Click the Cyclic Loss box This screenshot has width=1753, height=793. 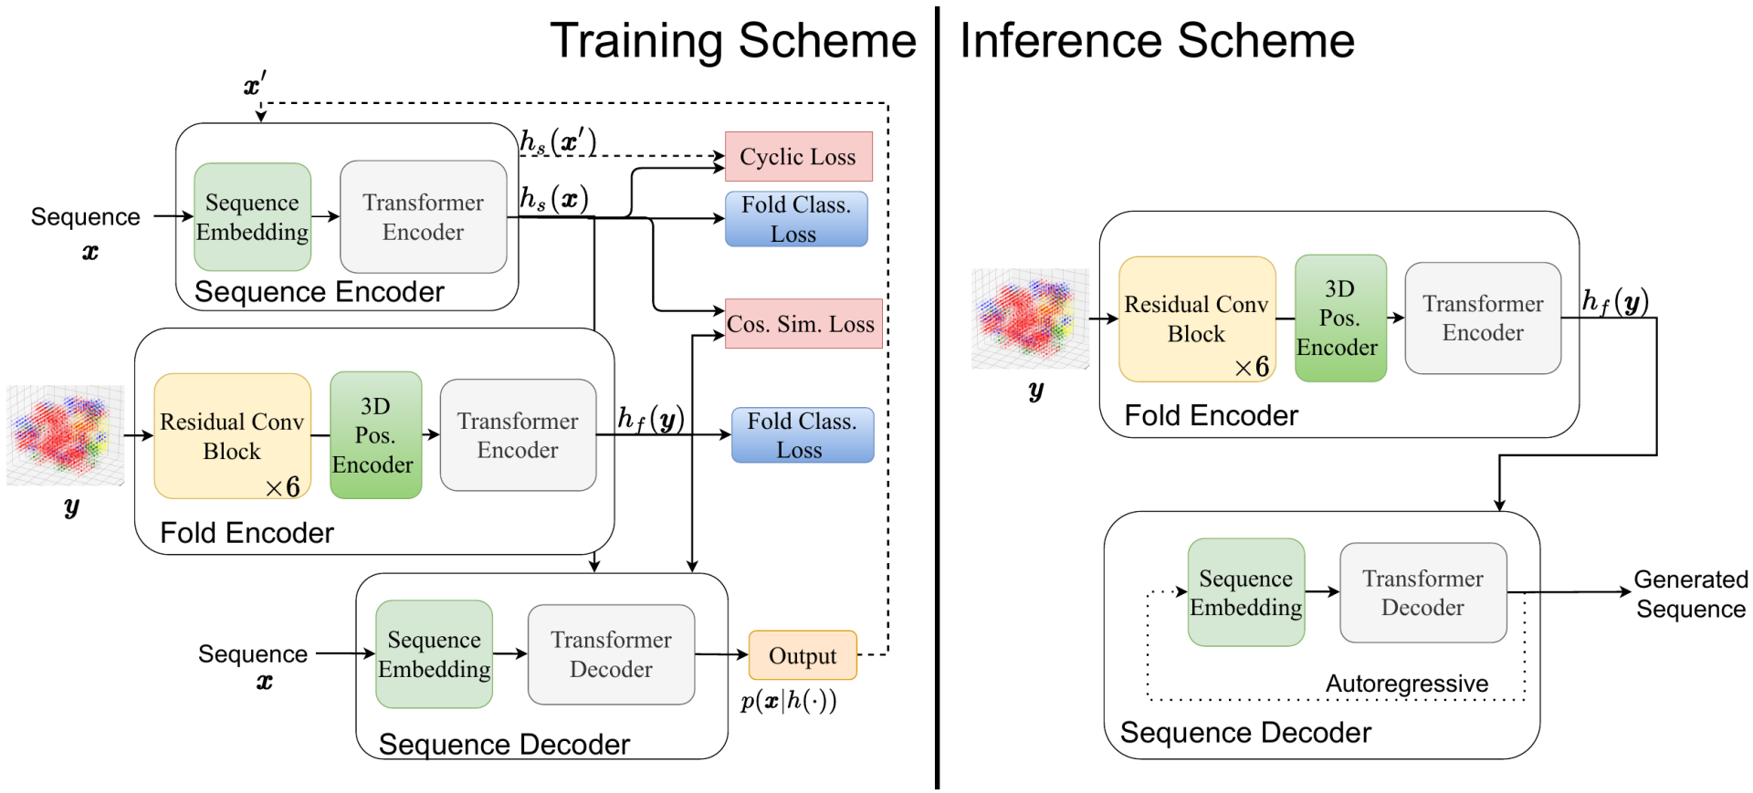[798, 157]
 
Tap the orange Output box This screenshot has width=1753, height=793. [803, 655]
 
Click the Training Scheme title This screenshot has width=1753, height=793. [732, 41]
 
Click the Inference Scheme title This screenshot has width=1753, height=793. [1157, 41]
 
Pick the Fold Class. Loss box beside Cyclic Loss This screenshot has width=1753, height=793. [795, 219]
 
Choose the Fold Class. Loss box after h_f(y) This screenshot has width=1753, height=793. [802, 435]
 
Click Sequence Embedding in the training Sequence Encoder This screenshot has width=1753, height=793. [252, 217]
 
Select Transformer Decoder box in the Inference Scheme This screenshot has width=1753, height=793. [1422, 593]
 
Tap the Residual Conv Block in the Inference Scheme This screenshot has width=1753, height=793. [1196, 318]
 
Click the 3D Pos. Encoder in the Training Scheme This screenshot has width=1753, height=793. [374, 435]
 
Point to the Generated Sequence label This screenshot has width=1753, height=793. [1690, 594]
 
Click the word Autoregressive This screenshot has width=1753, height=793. [1406, 683]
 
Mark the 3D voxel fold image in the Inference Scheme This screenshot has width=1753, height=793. [1030, 318]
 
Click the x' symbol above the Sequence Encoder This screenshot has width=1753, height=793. [255, 86]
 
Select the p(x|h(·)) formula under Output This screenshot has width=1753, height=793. [788, 701]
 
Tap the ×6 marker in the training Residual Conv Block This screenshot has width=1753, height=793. [282, 487]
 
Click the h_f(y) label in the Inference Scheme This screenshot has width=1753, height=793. [1614, 301]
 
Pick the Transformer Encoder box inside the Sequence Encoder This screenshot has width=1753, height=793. [423, 217]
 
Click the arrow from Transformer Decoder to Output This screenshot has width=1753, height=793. [721, 654]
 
